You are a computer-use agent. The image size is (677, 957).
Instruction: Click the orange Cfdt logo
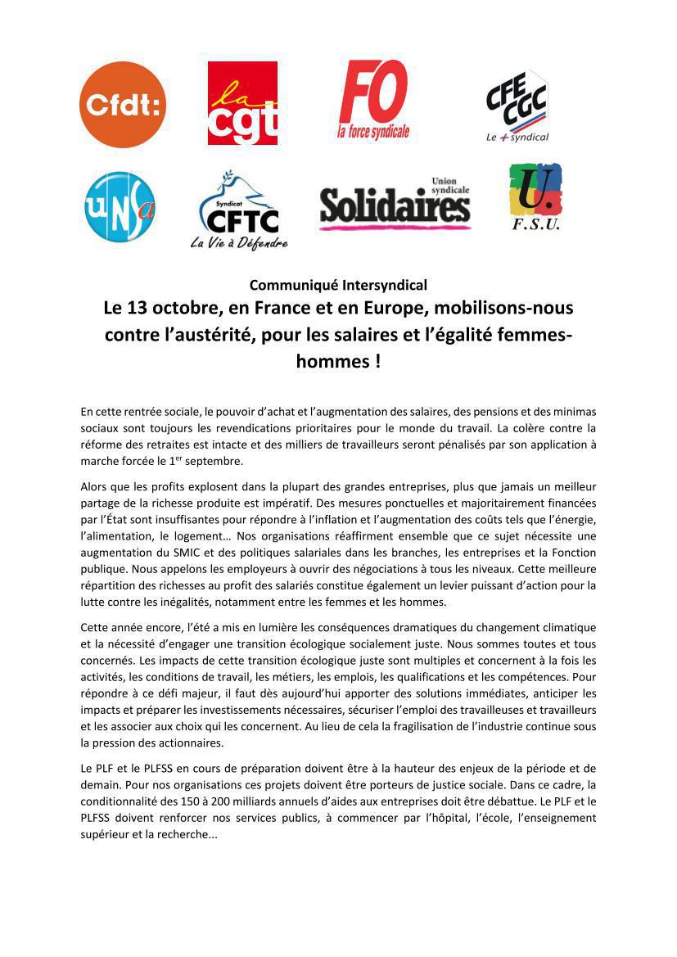coord(122,105)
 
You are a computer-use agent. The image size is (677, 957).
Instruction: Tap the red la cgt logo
coord(242,104)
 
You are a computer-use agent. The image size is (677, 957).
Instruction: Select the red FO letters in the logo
coord(373,92)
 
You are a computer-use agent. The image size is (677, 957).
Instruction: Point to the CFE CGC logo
coord(517,105)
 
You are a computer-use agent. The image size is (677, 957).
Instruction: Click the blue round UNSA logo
coord(120,206)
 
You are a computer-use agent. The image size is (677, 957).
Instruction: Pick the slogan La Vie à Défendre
coord(239,243)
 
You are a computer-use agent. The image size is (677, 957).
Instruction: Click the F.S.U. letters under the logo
coord(536,224)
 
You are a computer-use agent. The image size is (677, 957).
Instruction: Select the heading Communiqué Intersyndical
coord(338,285)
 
